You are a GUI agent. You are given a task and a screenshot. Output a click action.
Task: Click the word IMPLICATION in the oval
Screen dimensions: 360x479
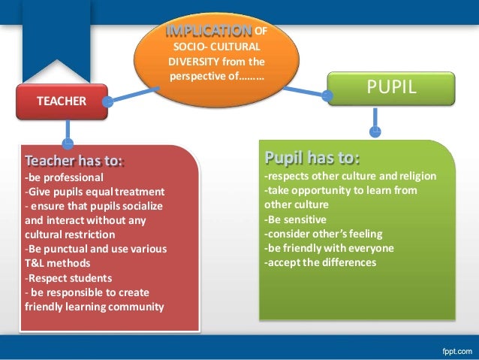pyautogui.click(x=209, y=31)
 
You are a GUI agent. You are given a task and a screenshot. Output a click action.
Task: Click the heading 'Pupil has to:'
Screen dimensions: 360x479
pyautogui.click(x=312, y=158)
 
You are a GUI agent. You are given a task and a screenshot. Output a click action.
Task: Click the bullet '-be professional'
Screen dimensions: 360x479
pyautogui.click(x=64, y=178)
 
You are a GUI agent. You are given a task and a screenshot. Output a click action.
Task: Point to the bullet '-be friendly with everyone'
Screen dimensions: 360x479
pyautogui.click(x=329, y=248)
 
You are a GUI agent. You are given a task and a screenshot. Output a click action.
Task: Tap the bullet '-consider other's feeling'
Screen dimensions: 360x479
pyautogui.click(x=323, y=234)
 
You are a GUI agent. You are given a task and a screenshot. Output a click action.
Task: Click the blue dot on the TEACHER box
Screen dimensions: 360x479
pyautogui.click(x=109, y=100)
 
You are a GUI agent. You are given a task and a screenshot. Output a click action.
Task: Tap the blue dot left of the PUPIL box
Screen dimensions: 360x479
pyautogui.click(x=328, y=95)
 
